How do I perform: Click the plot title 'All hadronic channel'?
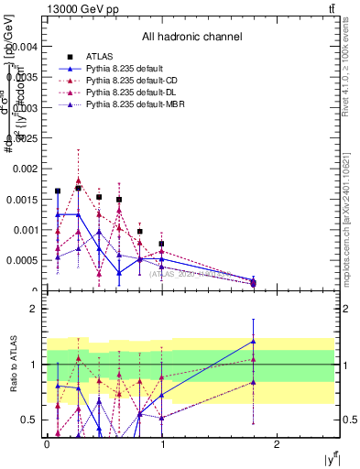191,38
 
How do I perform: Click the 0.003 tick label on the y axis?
25,106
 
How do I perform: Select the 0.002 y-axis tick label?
25,169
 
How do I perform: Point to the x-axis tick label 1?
161,443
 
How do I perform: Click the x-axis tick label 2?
278,443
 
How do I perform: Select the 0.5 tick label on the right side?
347,420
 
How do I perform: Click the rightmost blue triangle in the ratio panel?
254,341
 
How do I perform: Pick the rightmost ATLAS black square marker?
254,283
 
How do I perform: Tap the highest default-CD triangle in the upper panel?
79,181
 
